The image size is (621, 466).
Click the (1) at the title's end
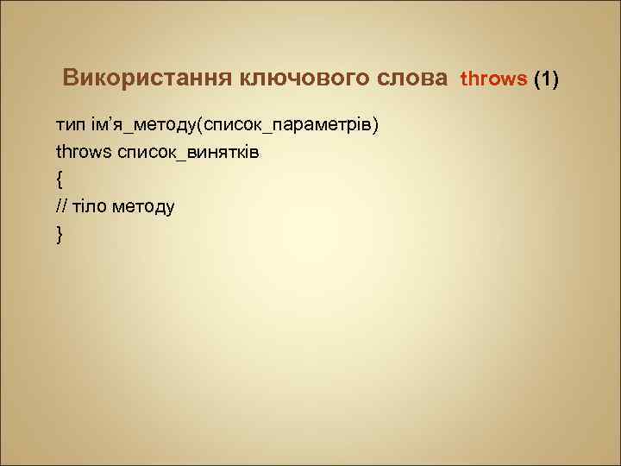[x=547, y=80]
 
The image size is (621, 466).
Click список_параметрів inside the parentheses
[x=288, y=126]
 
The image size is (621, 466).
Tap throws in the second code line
[x=85, y=153]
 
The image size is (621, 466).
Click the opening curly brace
[x=59, y=179]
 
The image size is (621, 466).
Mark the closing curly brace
[x=59, y=233]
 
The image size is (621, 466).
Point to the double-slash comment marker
[x=61, y=206]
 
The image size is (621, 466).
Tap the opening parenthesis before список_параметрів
[x=200, y=126]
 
